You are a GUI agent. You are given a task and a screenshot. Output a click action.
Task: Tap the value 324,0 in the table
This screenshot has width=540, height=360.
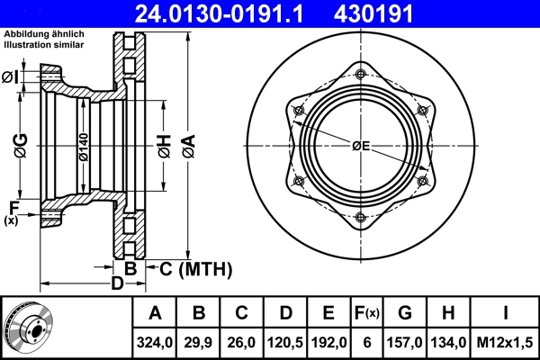[x=155, y=342]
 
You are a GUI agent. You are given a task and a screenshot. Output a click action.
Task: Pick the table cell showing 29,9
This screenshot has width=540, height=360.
[x=199, y=342]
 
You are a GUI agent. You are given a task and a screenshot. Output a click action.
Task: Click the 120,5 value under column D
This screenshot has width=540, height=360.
[x=285, y=342]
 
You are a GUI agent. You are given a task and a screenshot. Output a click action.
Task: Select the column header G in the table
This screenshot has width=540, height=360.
[x=405, y=313]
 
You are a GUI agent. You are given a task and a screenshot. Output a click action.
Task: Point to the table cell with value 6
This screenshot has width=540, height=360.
[x=366, y=342]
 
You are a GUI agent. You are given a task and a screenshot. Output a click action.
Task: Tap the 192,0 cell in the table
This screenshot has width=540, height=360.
[x=328, y=342]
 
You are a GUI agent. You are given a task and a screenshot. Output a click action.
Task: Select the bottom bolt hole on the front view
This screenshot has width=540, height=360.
[x=361, y=217]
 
